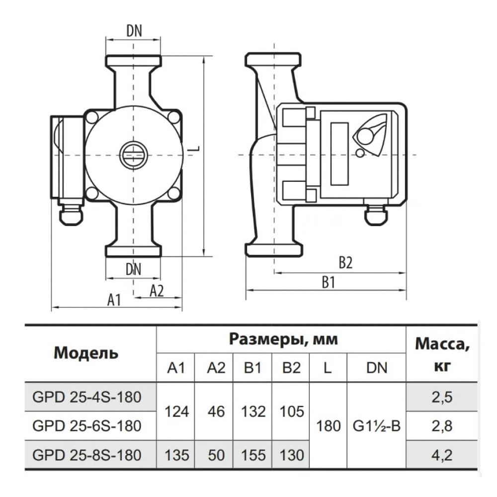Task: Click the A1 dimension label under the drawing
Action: pos(114,300)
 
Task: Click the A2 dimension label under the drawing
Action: pos(157,291)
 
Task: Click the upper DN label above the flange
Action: pos(134,31)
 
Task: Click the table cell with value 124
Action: pos(176,412)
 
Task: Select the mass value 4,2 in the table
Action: pos(442,454)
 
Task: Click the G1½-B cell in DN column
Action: pos(376,426)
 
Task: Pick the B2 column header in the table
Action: pos(291,368)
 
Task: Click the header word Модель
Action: pos(86,354)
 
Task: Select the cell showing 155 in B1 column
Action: pos(252,454)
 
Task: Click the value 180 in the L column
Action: pos(328,426)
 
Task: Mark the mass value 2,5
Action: pos(442,397)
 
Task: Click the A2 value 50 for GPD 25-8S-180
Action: pos(214,454)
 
